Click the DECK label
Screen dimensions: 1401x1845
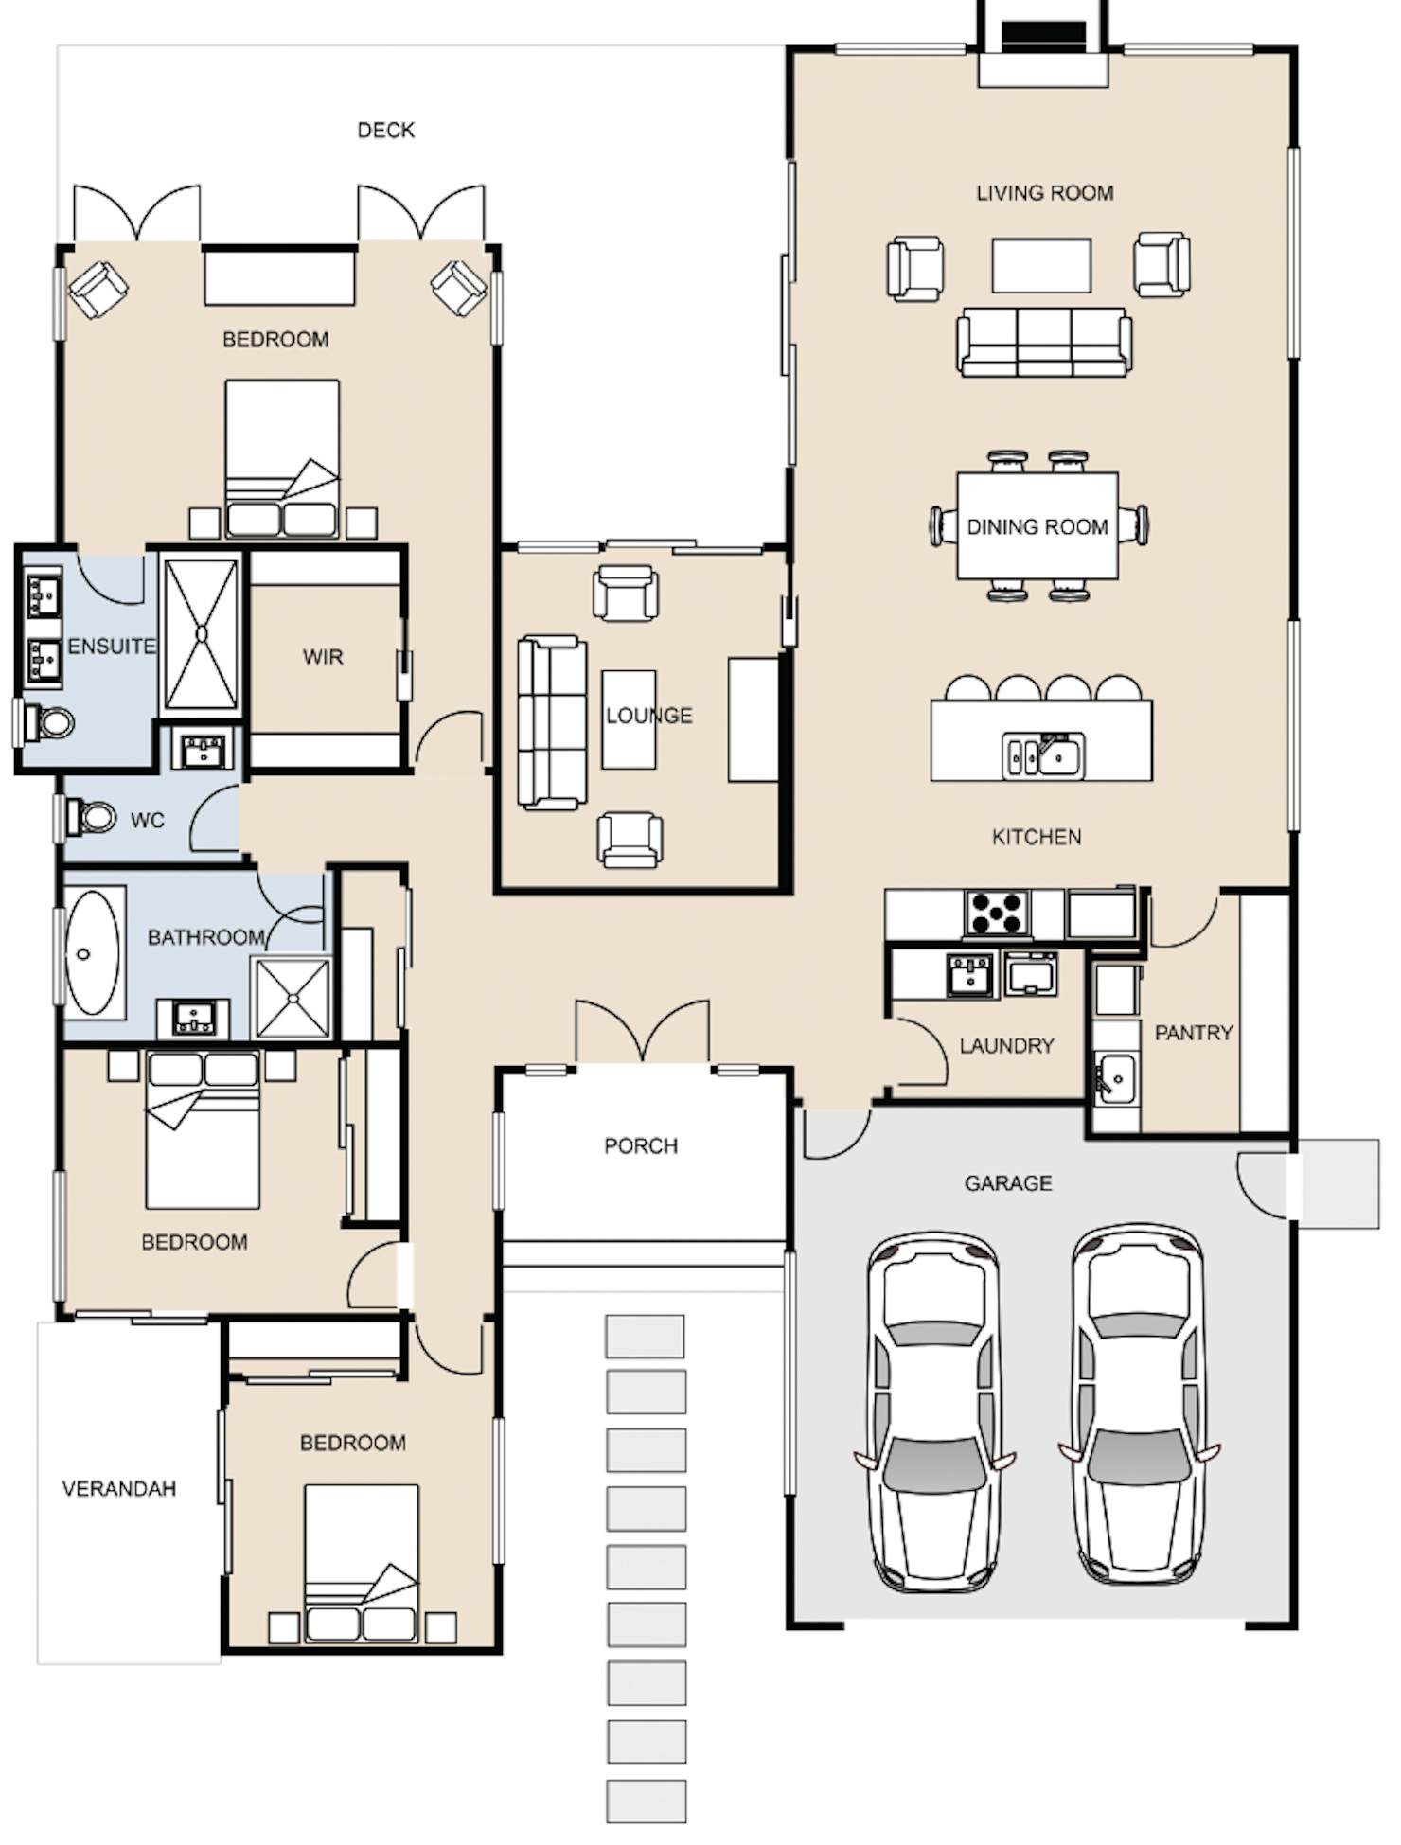click(x=385, y=130)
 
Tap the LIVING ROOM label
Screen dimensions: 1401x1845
click(x=1044, y=193)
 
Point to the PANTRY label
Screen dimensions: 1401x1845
click(x=1193, y=1033)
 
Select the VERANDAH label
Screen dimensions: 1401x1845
click(x=118, y=1489)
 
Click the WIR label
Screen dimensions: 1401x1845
click(x=323, y=657)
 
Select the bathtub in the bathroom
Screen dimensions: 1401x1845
click(x=93, y=953)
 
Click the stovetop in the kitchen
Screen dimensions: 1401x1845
click(x=996, y=913)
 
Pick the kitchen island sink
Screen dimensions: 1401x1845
click(x=1043, y=755)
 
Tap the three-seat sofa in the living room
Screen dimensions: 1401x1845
click(x=1044, y=341)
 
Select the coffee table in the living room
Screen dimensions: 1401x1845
click(x=1041, y=266)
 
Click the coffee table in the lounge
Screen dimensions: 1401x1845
click(x=629, y=719)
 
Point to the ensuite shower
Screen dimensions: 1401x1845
click(x=201, y=633)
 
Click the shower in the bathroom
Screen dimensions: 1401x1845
click(x=292, y=998)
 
